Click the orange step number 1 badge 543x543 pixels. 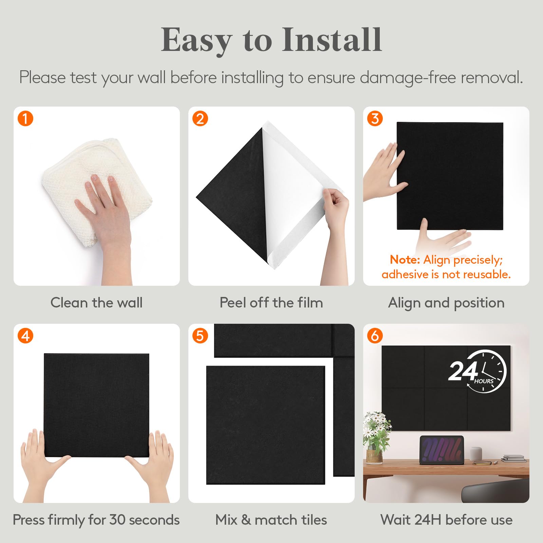click(x=25, y=119)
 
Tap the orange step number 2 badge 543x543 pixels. click(x=200, y=119)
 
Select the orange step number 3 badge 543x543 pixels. click(x=375, y=119)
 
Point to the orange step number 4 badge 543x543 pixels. click(x=25, y=336)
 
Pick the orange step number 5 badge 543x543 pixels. click(x=200, y=336)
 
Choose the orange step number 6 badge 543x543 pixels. click(x=375, y=336)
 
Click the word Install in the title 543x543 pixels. click(x=332, y=40)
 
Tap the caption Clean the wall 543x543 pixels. click(x=96, y=302)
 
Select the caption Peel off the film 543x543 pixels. click(x=271, y=302)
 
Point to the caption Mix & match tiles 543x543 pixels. click(x=271, y=520)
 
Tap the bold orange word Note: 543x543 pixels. click(x=405, y=260)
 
